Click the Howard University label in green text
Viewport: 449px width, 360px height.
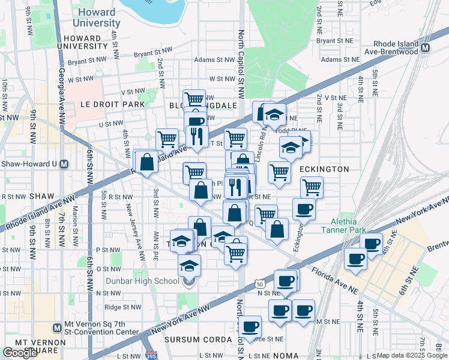click(x=96, y=17)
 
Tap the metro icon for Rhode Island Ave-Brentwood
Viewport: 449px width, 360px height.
click(x=426, y=48)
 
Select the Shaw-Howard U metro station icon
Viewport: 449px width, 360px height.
click(x=64, y=164)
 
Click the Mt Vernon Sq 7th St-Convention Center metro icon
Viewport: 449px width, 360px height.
click(x=56, y=328)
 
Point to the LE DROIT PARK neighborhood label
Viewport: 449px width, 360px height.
click(x=113, y=104)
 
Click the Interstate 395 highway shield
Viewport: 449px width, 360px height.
click(x=148, y=355)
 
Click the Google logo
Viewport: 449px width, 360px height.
click(x=20, y=353)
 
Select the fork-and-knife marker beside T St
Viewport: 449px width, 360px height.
click(x=196, y=136)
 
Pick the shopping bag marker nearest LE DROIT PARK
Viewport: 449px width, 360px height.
click(x=147, y=161)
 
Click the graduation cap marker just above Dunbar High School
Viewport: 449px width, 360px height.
click(x=189, y=263)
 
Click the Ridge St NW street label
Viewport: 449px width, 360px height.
click(x=122, y=307)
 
